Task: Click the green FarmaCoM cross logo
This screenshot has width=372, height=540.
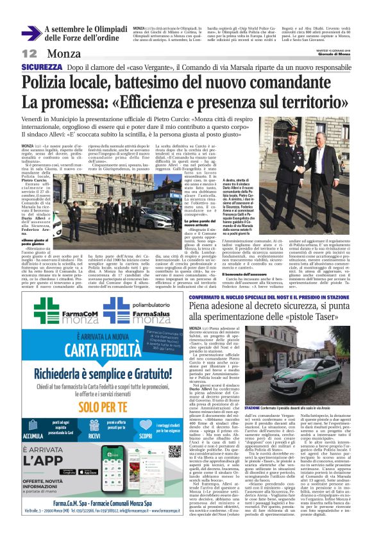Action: (47, 310)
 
